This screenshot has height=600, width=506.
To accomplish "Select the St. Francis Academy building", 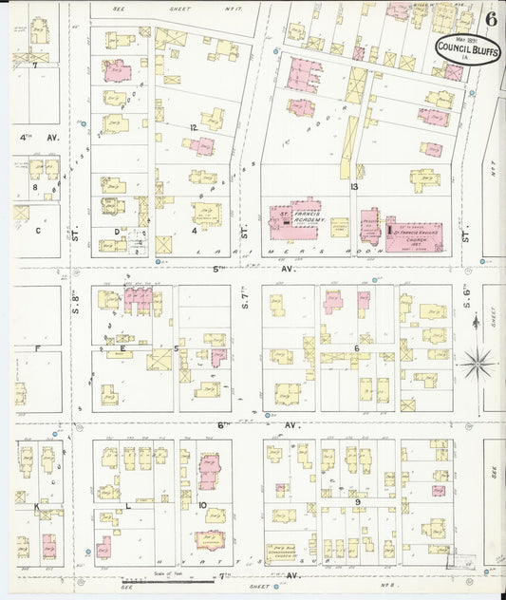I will pos(296,219).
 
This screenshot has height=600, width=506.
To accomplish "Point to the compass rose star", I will pos(478,360).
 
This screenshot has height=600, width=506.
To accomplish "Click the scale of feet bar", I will pos(161,578).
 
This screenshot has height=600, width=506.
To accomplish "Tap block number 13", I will pos(354,188).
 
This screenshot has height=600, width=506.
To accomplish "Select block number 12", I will pos(193,126).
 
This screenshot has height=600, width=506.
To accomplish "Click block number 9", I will pos(357,501).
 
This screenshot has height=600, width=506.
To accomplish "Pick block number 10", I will pos(202,505).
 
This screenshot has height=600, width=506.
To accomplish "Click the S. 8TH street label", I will pos(74,309).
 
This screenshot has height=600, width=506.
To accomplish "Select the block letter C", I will pos(39,230).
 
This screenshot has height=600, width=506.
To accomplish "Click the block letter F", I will pos(38,348).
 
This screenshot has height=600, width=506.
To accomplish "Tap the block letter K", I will pos(37,507).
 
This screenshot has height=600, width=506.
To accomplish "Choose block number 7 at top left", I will pos(35,66).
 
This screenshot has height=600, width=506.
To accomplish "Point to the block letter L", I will pos(128,505).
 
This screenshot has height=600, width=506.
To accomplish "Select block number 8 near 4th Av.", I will pos(35,188).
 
